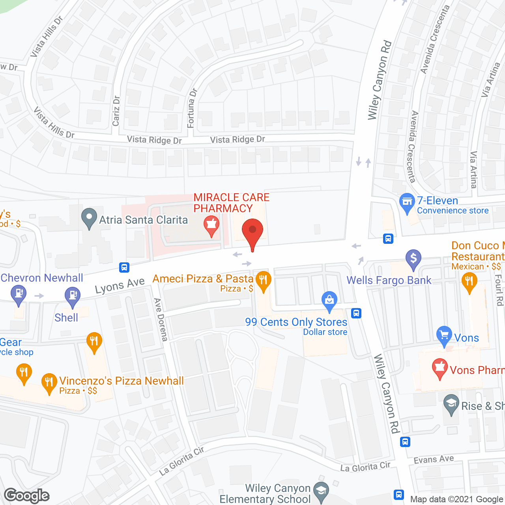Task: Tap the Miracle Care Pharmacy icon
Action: tap(211, 225)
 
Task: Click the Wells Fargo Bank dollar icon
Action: tap(413, 259)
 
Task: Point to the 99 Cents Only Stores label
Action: tap(296, 322)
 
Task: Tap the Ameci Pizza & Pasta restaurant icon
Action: tap(263, 281)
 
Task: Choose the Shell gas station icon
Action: tap(72, 296)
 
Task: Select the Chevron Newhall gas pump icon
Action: tap(18, 294)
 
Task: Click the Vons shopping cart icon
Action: tap(444, 335)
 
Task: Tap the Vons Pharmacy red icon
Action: tap(440, 368)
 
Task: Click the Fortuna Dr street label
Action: tap(192, 108)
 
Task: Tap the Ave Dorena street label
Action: tap(161, 320)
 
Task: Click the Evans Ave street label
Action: tap(434, 460)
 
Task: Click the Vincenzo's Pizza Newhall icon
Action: tap(49, 382)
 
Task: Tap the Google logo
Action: tap(27, 496)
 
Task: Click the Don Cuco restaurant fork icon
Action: tap(469, 282)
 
